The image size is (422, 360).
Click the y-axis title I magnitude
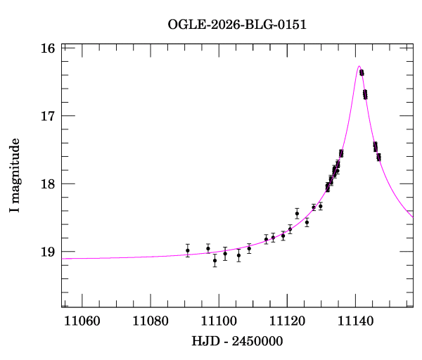[x=15, y=176]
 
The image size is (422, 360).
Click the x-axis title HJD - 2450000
[x=236, y=341]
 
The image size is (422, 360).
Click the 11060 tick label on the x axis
[x=82, y=321]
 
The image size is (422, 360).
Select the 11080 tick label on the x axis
[x=150, y=321]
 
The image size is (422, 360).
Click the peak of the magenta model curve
[x=359, y=66]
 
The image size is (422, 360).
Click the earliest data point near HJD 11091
[x=188, y=250]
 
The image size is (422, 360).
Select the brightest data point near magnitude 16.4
[x=362, y=72]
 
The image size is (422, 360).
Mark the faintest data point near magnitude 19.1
[x=215, y=260]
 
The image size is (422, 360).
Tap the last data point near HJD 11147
[x=379, y=157]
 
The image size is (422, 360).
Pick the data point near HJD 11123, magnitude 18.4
[x=297, y=213]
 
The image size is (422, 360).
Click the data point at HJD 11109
[x=249, y=248]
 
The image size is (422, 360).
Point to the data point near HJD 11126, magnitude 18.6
[x=307, y=222]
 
